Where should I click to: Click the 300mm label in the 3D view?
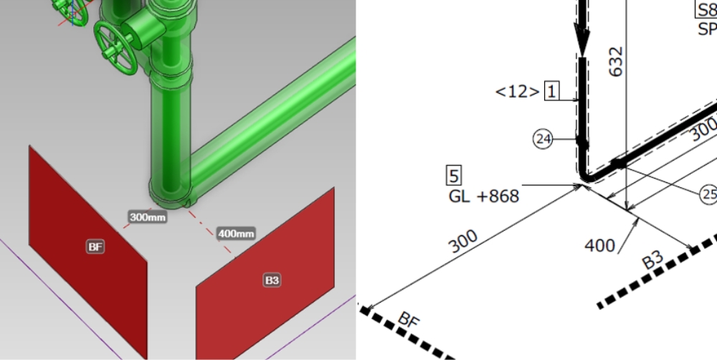tap(147, 217)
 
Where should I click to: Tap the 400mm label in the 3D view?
tap(236, 234)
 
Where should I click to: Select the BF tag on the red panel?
tap(95, 247)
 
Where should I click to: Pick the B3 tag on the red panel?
tap(272, 280)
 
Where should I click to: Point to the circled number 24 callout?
tap(543, 139)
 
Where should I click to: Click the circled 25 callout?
tap(708, 194)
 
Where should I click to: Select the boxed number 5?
tap(454, 176)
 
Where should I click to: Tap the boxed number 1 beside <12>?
tap(552, 91)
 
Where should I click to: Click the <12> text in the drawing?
tap(517, 92)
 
